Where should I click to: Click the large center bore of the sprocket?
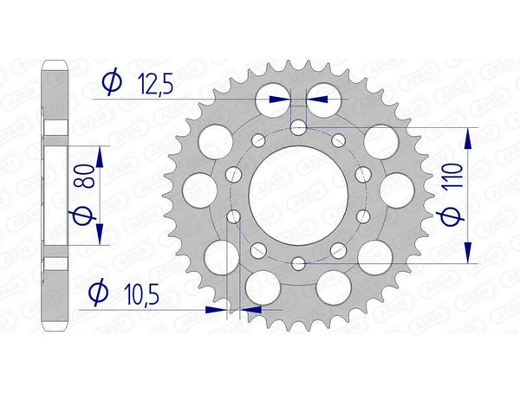(x=298, y=196)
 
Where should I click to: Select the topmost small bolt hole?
(x=298, y=128)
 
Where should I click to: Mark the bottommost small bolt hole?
(x=298, y=263)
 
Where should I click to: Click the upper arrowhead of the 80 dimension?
(x=101, y=156)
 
